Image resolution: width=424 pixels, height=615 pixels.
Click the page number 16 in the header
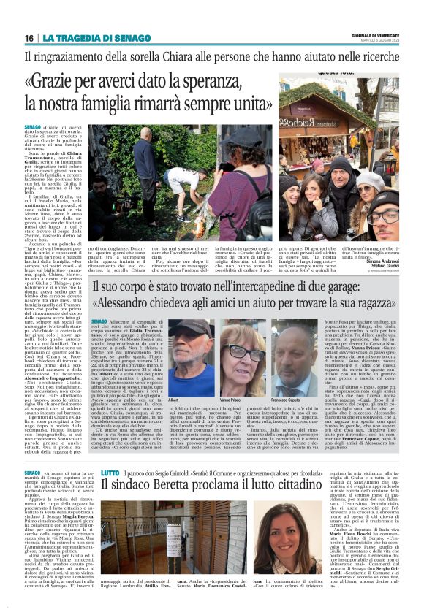click(29, 37)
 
